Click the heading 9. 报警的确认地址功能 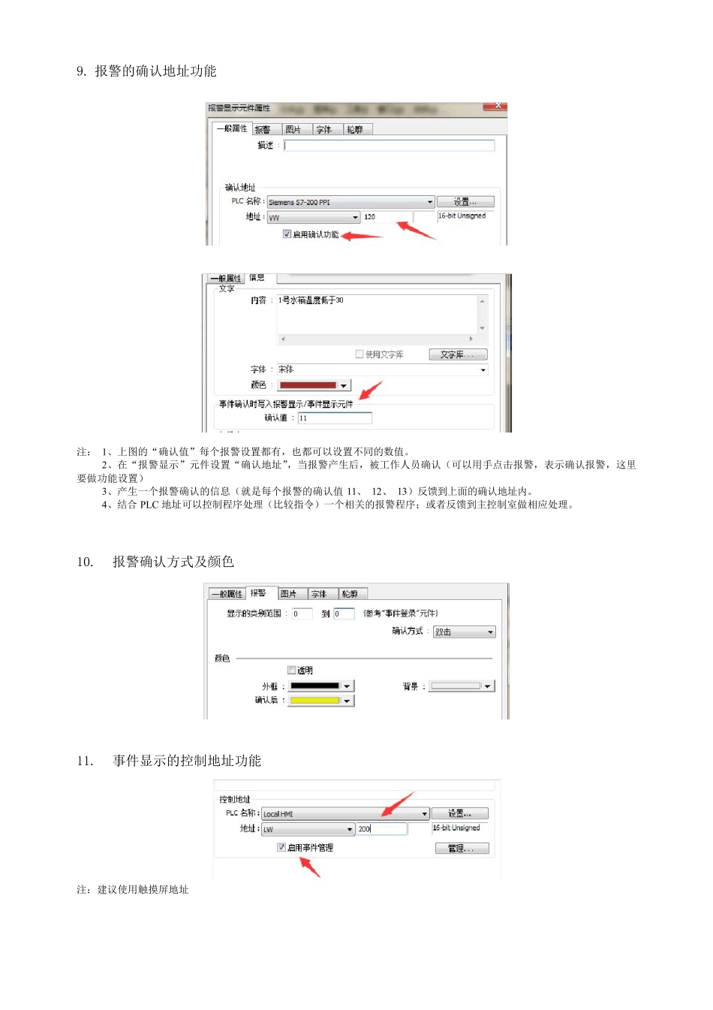pyautogui.click(x=146, y=71)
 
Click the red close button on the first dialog pyautogui.click(x=497, y=106)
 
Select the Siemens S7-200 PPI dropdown pyautogui.click(x=350, y=202)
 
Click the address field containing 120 pyautogui.click(x=386, y=217)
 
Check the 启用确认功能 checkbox pyautogui.click(x=287, y=234)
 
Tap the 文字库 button pyautogui.click(x=458, y=354)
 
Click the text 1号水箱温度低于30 pyautogui.click(x=311, y=300)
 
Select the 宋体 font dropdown pyautogui.click(x=381, y=369)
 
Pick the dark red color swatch pyautogui.click(x=308, y=385)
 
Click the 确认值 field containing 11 pyautogui.click(x=334, y=418)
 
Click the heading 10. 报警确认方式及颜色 pyautogui.click(x=155, y=562)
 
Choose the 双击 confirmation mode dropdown pyautogui.click(x=464, y=632)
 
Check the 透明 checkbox pyautogui.click(x=292, y=670)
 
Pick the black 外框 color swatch pyautogui.click(x=315, y=686)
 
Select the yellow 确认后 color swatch pyautogui.click(x=315, y=701)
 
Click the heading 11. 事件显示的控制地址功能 pyautogui.click(x=169, y=761)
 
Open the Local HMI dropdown pyautogui.click(x=345, y=814)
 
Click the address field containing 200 pyautogui.click(x=381, y=829)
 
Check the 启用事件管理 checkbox pyautogui.click(x=281, y=847)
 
